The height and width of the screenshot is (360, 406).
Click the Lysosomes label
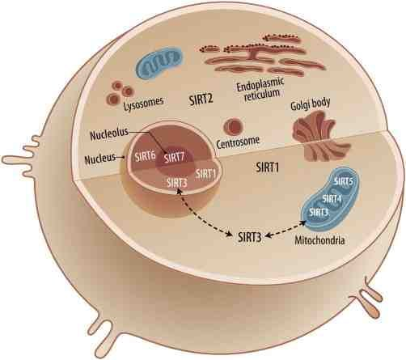[x=144, y=104]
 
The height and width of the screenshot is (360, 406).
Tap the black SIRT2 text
[x=201, y=99]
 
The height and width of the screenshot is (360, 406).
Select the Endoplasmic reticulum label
[x=260, y=89]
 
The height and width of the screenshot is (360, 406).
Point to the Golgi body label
[x=311, y=104]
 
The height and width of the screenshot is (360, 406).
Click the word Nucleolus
[x=109, y=134]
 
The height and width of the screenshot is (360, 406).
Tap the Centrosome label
[x=238, y=142]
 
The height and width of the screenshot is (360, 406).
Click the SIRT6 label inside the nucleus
[x=146, y=156]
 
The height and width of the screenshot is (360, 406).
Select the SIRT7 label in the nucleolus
[x=174, y=157]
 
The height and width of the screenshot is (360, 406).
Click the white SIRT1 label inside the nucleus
[x=205, y=174]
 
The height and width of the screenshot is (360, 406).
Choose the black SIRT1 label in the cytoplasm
[x=268, y=167]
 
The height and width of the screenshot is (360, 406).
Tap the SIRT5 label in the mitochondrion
[x=344, y=181]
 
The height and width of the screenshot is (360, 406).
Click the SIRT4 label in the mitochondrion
[x=332, y=199]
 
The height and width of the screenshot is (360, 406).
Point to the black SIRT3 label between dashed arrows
[x=250, y=238]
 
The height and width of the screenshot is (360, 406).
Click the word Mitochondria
[x=319, y=240]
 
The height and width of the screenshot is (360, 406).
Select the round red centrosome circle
[x=233, y=125]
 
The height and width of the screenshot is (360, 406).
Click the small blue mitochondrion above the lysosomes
[x=159, y=63]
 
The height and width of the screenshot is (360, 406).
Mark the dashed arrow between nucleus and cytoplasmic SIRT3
[x=204, y=212]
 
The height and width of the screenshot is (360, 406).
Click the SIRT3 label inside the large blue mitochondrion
[x=319, y=212]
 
